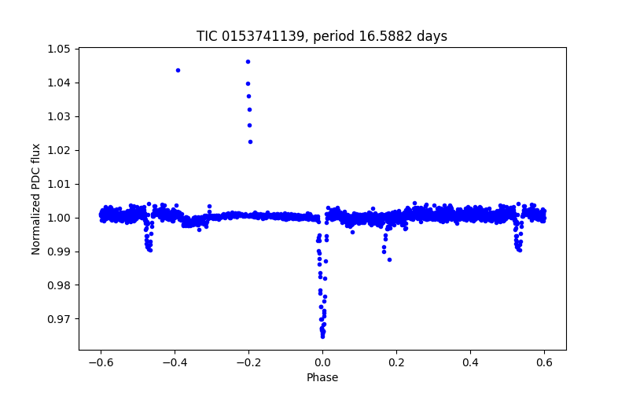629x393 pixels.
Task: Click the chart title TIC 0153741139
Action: click(322, 36)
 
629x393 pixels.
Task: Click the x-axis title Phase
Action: click(322, 377)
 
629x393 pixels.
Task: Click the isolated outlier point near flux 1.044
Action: click(178, 70)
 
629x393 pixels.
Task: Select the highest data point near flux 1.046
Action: click(248, 61)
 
